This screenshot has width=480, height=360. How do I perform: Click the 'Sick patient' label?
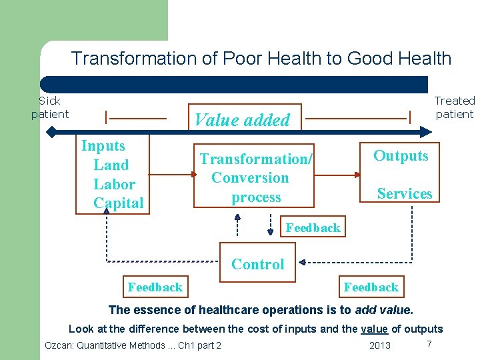49,107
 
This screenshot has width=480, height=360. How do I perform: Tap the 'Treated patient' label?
454,107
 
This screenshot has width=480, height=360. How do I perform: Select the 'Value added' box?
243,119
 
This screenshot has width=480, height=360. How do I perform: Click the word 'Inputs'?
103,146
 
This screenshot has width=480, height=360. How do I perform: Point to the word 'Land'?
111,165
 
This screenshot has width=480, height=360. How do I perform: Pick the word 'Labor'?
115,185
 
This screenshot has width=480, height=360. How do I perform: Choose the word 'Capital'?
119,203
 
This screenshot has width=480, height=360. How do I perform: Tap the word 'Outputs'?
401,156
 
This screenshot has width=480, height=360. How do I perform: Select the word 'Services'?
405,194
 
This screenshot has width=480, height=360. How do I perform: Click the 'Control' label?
258,264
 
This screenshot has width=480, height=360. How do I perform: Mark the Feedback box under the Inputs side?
155,287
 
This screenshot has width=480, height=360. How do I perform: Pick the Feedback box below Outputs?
371,287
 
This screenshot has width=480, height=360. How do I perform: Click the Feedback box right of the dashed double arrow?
313,228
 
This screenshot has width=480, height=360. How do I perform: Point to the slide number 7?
429,343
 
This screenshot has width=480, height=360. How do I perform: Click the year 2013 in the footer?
380,345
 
